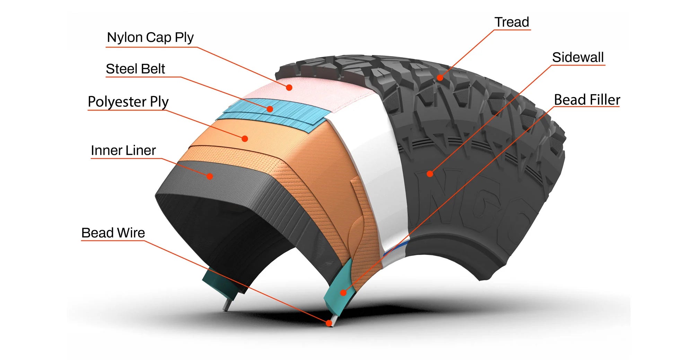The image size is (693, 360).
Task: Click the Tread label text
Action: click(512, 22)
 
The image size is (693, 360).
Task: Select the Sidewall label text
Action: click(578, 58)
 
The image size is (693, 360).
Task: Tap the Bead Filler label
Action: click(587, 100)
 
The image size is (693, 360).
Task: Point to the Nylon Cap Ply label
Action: click(150, 37)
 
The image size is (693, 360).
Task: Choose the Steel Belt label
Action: click(135, 69)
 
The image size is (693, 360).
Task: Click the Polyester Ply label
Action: click(128, 102)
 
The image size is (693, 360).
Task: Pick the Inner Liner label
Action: click(123, 150)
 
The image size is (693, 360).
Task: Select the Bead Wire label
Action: click(113, 233)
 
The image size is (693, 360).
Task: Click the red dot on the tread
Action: click(440, 78)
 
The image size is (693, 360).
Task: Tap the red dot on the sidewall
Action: click(430, 174)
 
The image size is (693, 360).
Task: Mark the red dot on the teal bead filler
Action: click(343, 293)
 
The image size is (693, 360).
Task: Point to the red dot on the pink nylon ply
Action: click(289, 88)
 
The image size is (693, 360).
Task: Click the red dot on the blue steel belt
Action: click(270, 109)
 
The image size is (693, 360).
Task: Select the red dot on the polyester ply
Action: click(245, 139)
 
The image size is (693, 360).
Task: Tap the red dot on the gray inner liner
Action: click(210, 176)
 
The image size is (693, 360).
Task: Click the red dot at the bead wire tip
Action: click(329, 323)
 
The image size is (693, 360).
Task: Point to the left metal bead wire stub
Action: click(227, 305)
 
